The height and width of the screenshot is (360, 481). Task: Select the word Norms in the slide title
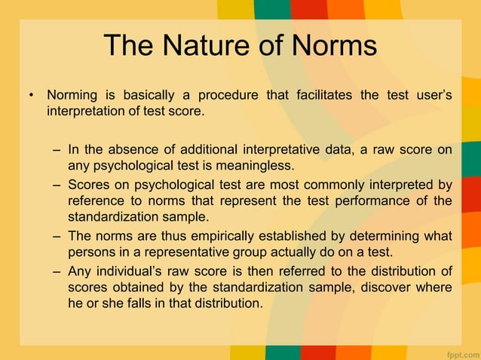pyautogui.click(x=329, y=46)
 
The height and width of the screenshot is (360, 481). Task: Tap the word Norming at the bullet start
pyautogui.click(x=73, y=96)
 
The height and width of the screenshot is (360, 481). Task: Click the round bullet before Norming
pyautogui.click(x=32, y=96)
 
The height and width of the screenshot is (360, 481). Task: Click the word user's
pyautogui.click(x=430, y=96)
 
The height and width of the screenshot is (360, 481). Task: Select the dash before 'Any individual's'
pyautogui.click(x=57, y=272)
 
